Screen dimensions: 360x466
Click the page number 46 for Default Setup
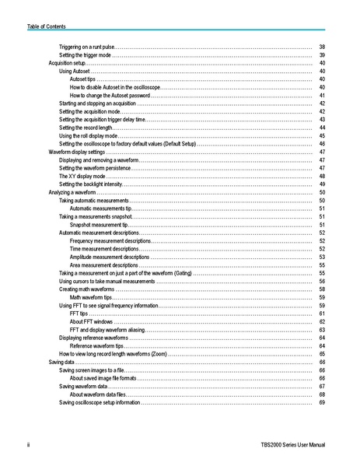point(321,144)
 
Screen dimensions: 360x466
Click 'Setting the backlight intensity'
point(91,184)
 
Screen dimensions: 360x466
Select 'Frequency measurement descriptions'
point(110,241)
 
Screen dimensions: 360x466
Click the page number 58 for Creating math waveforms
point(321,289)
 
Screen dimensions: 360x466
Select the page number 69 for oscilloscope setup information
point(321,402)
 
